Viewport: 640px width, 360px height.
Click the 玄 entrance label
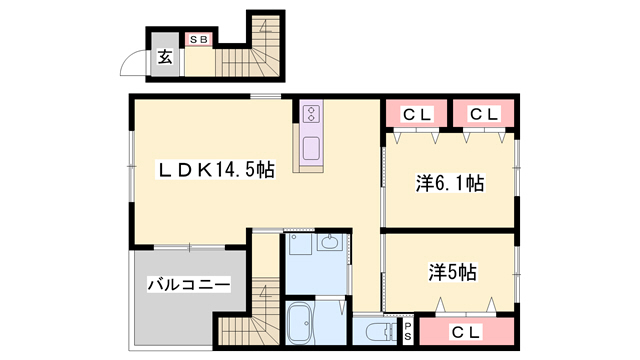click(163, 57)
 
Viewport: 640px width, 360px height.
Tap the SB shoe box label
click(200, 41)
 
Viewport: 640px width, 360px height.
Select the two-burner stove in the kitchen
click(311, 113)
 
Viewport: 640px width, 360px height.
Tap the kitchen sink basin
click(311, 147)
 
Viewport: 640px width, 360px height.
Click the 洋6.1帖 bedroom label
click(449, 184)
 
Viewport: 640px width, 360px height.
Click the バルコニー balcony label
click(189, 285)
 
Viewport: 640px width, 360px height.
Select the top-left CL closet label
click(416, 114)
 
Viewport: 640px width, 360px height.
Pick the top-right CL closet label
click(484, 114)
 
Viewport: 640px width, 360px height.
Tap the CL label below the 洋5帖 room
click(467, 331)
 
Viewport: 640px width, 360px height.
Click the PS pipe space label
click(407, 331)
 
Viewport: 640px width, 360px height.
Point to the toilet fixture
click(378, 331)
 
